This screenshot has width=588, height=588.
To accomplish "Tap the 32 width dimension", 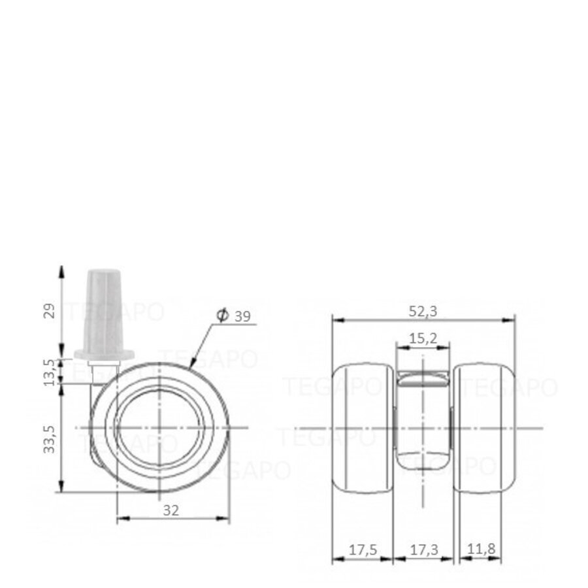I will pos(171,510).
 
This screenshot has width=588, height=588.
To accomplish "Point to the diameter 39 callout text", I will pos(242,316).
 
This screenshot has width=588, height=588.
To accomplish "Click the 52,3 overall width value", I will pos(423,312).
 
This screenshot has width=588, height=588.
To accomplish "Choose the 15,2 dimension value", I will pos(423,338).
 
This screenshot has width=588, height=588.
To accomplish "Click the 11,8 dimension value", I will pos(480,551).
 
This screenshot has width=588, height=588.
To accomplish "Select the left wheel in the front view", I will pos(362,428).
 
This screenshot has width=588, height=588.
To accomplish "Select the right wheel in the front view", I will pos(483,428).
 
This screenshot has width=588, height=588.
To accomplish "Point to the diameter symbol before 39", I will pos(222,316).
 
